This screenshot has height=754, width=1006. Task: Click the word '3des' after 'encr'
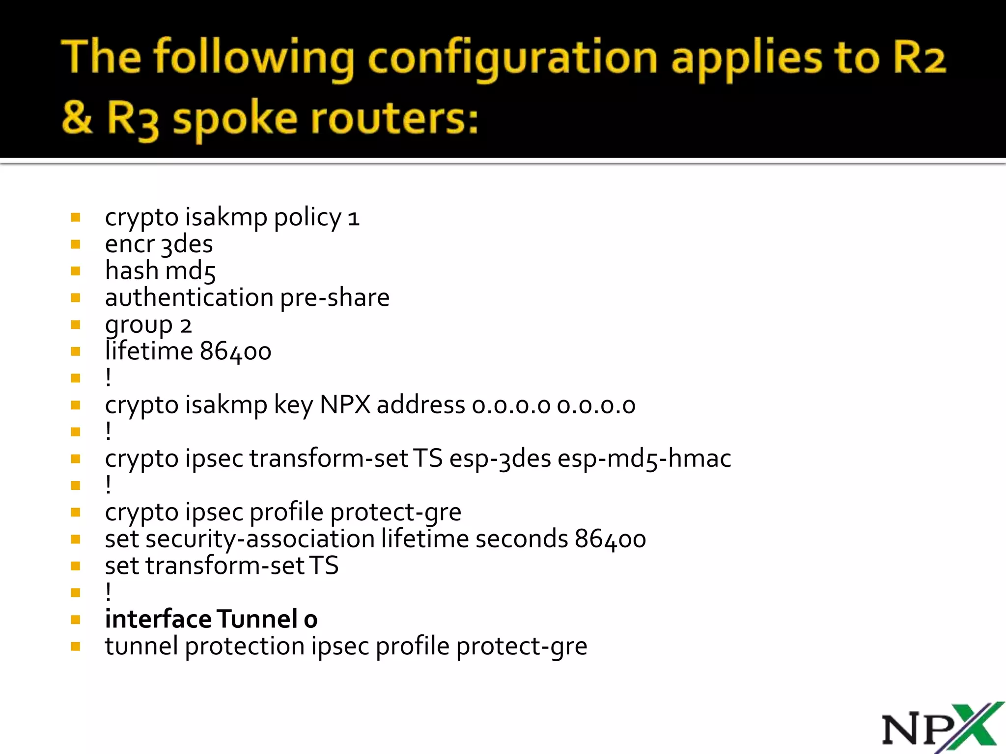click(x=187, y=244)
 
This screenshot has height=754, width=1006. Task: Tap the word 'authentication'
click(x=189, y=298)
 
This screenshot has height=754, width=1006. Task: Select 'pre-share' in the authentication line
click(x=335, y=298)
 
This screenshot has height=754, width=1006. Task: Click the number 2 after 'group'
click(x=186, y=325)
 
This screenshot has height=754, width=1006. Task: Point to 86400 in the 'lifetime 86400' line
click(x=236, y=352)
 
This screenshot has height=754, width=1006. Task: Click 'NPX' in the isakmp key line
click(x=345, y=405)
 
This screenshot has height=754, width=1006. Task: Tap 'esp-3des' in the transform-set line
click(x=500, y=459)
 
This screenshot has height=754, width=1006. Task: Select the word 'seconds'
click(x=522, y=539)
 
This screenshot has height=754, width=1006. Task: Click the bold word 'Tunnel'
click(x=257, y=619)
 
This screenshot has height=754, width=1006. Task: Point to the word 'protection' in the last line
click(x=245, y=646)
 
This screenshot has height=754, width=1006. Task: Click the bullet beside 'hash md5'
click(x=76, y=271)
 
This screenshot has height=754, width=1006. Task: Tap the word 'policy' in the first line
click(x=307, y=218)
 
